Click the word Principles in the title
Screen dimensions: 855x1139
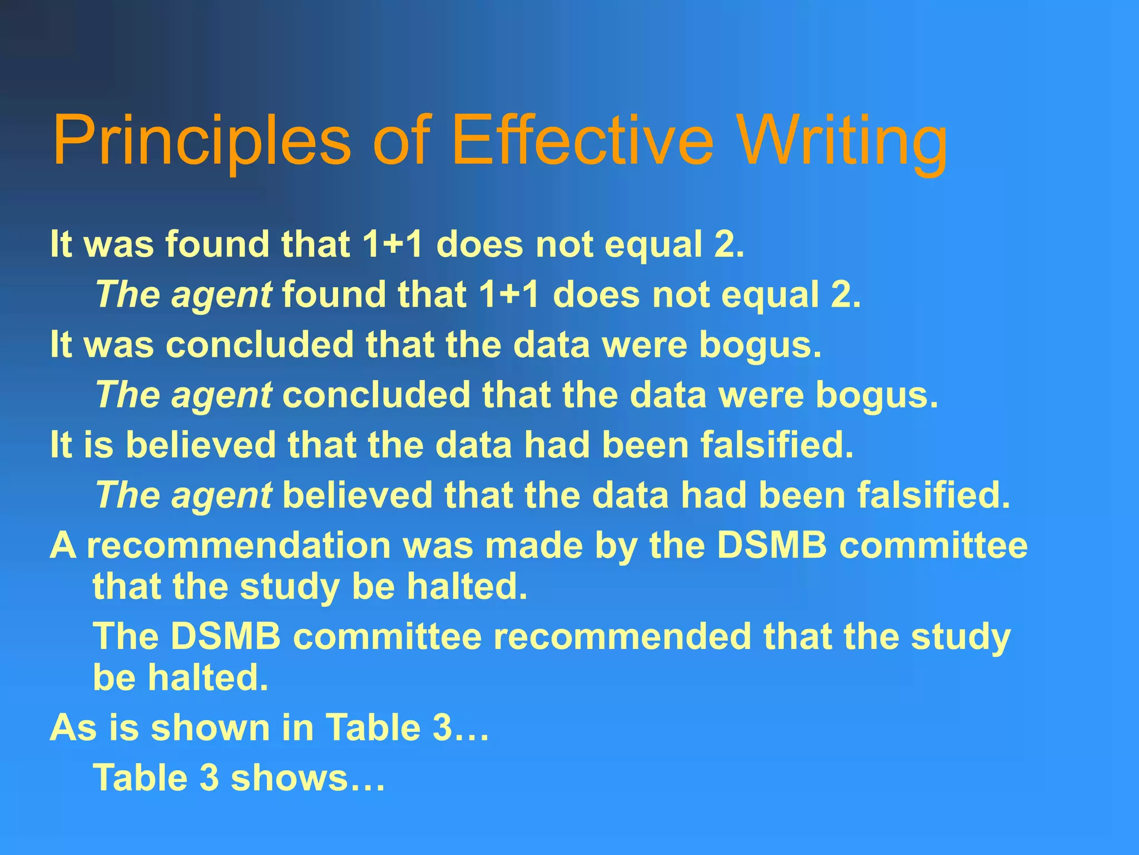pyautogui.click(x=201, y=140)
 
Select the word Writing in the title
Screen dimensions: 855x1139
pyautogui.click(x=843, y=140)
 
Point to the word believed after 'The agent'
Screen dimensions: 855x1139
pyautogui.click(x=358, y=495)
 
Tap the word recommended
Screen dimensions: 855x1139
pyautogui.click(x=622, y=636)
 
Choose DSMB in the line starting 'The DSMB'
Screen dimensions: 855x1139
pyautogui.click(x=225, y=636)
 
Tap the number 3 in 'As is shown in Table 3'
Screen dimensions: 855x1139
pyautogui.click(x=442, y=728)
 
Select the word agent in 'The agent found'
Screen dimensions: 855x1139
pyautogui.click(x=221, y=296)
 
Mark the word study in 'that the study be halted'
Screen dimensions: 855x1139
pyautogui.click(x=290, y=587)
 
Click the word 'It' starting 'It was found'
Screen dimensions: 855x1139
pyautogui.click(x=61, y=244)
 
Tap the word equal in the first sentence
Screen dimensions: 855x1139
pyautogui.click(x=653, y=245)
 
